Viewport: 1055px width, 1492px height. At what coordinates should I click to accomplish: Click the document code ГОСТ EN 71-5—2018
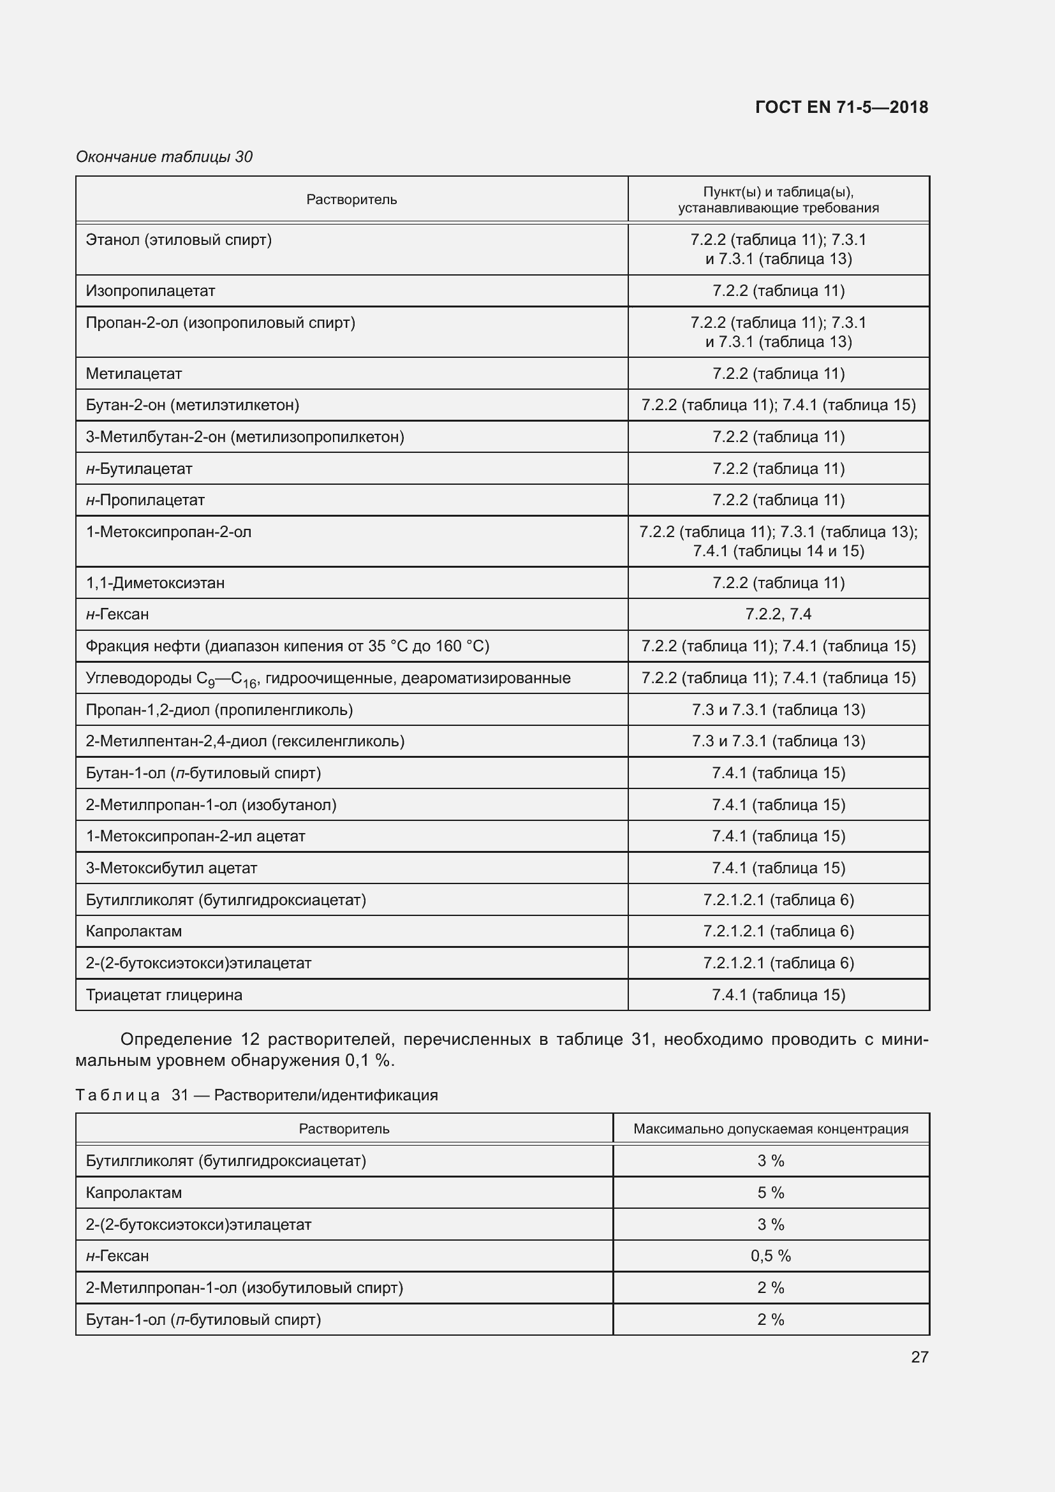pyautogui.click(x=841, y=107)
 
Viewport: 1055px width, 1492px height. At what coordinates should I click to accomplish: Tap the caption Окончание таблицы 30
pyautogui.click(x=164, y=157)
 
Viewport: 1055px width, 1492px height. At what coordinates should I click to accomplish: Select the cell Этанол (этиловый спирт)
pyautogui.click(x=179, y=240)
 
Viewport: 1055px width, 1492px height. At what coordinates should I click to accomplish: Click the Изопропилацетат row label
pyautogui.click(x=150, y=290)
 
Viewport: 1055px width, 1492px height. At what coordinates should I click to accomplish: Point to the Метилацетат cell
pyautogui.click(x=134, y=374)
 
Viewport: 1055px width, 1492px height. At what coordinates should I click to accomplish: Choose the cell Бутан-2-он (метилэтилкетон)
pyautogui.click(x=192, y=405)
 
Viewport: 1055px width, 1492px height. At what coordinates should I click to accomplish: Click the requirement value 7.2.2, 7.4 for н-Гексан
pyautogui.click(x=778, y=614)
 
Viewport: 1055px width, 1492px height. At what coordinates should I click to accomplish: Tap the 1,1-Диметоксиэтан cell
pyautogui.click(x=155, y=583)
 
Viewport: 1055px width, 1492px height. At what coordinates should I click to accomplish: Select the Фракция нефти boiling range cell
pyautogui.click(x=287, y=646)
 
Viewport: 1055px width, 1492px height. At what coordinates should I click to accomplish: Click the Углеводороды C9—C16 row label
pyautogui.click(x=327, y=679)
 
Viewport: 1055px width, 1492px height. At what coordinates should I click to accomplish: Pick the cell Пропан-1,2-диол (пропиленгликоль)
pyautogui.click(x=219, y=709)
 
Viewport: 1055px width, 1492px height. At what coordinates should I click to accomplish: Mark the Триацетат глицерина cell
pyautogui.click(x=164, y=995)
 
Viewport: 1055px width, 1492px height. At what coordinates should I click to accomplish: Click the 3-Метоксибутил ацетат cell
pyautogui.click(x=172, y=868)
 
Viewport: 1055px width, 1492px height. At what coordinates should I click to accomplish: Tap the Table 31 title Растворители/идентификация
pyautogui.click(x=325, y=1095)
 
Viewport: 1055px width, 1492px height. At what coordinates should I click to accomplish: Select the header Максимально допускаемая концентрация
pyautogui.click(x=771, y=1129)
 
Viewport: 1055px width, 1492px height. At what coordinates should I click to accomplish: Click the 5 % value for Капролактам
pyautogui.click(x=771, y=1192)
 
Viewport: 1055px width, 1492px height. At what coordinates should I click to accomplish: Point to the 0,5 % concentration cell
pyautogui.click(x=771, y=1255)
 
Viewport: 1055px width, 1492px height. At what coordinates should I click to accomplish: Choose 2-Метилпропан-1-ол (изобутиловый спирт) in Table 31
pyautogui.click(x=244, y=1287)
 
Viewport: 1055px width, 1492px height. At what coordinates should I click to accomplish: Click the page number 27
pyautogui.click(x=919, y=1357)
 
